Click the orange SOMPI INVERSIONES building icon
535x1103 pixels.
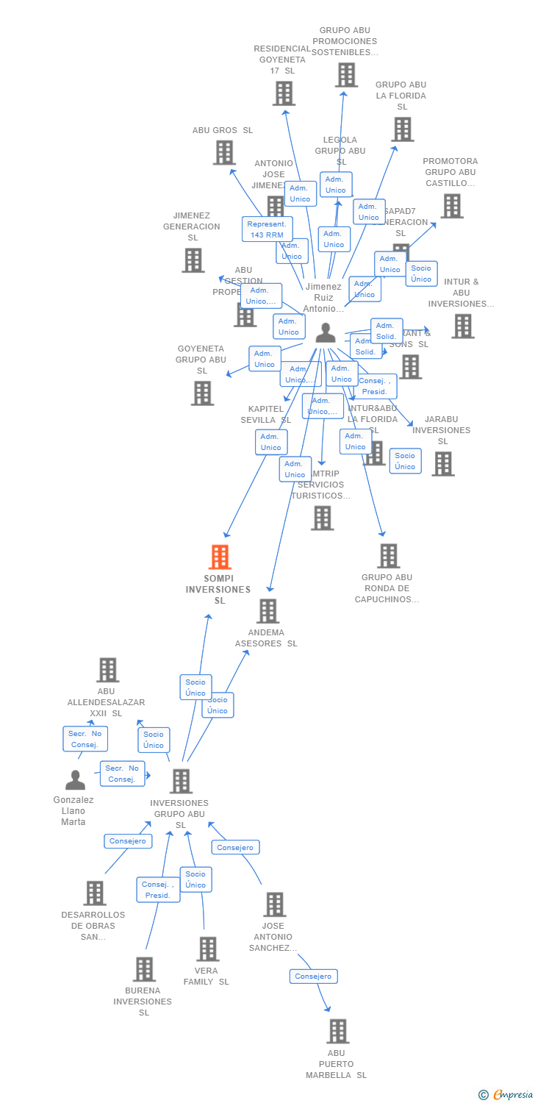point(220,557)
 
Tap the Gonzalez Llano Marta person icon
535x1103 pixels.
point(75,779)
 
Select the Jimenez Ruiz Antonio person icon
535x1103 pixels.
point(325,333)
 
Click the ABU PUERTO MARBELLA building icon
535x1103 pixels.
point(337,1031)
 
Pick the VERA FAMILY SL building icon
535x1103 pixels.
point(208,949)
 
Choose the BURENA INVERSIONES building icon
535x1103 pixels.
point(145,969)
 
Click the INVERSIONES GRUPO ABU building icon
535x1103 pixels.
point(181,781)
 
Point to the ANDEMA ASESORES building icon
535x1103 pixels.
point(267,610)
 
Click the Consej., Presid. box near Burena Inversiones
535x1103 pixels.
point(158,890)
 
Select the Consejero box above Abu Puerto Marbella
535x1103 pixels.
point(313,977)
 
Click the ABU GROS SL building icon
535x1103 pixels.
point(224,152)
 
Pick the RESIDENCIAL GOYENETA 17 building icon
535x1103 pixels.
point(284,93)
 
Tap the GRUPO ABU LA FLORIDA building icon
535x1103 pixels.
point(402,129)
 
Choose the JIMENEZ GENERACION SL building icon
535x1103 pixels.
point(193,260)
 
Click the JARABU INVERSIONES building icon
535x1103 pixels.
point(442,463)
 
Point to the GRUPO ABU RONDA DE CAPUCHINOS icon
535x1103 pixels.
point(389,556)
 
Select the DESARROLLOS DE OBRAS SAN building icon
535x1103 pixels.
point(95,893)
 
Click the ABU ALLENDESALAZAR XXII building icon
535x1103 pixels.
point(108,670)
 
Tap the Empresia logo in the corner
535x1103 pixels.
point(506,1095)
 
